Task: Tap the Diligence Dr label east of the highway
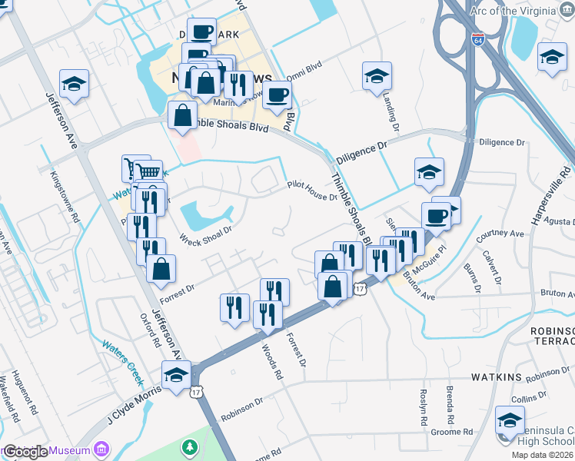501,143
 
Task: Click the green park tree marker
190,447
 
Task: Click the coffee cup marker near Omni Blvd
277,95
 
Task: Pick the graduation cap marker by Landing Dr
377,76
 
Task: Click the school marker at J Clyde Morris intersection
175,374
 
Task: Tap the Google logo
25,452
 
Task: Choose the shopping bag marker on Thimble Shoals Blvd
183,115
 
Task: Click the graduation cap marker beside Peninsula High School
510,420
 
